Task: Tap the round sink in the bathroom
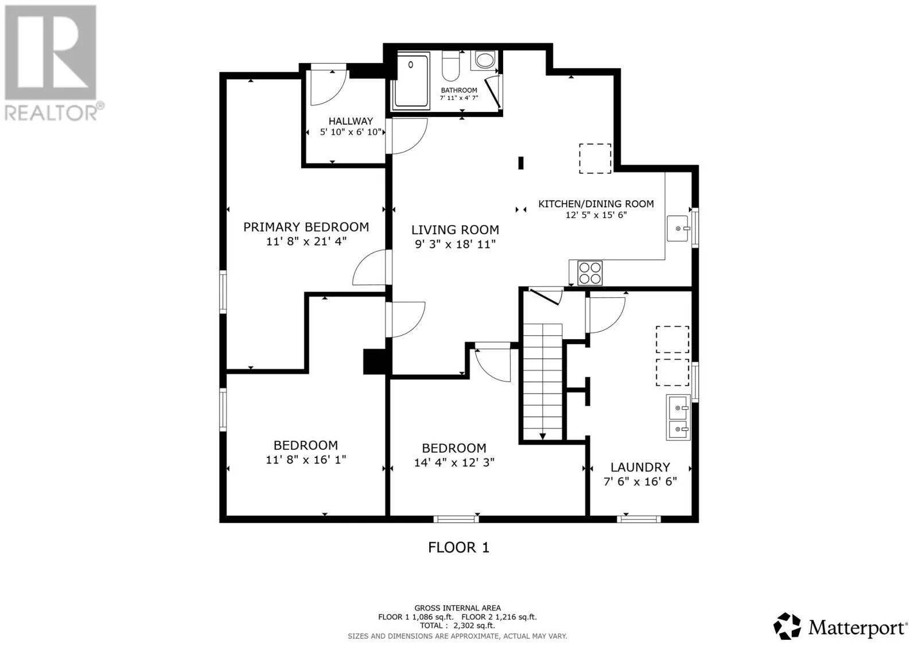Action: [x=485, y=60]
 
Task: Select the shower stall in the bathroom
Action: [x=411, y=81]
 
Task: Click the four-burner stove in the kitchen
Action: [x=590, y=273]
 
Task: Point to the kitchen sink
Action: [x=678, y=228]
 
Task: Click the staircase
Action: [x=543, y=382]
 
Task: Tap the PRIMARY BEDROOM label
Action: [x=306, y=227]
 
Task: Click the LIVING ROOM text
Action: [x=456, y=230]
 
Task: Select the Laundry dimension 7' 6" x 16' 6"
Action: [x=640, y=481]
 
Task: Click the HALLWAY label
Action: [x=351, y=121]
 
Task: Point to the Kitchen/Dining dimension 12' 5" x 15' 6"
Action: [x=596, y=215]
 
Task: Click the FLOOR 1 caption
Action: [x=458, y=547]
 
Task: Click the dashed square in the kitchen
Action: [x=595, y=158]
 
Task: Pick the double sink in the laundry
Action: [x=678, y=417]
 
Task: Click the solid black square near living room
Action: [x=375, y=361]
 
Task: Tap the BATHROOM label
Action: [x=459, y=90]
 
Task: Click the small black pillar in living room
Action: [x=521, y=163]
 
